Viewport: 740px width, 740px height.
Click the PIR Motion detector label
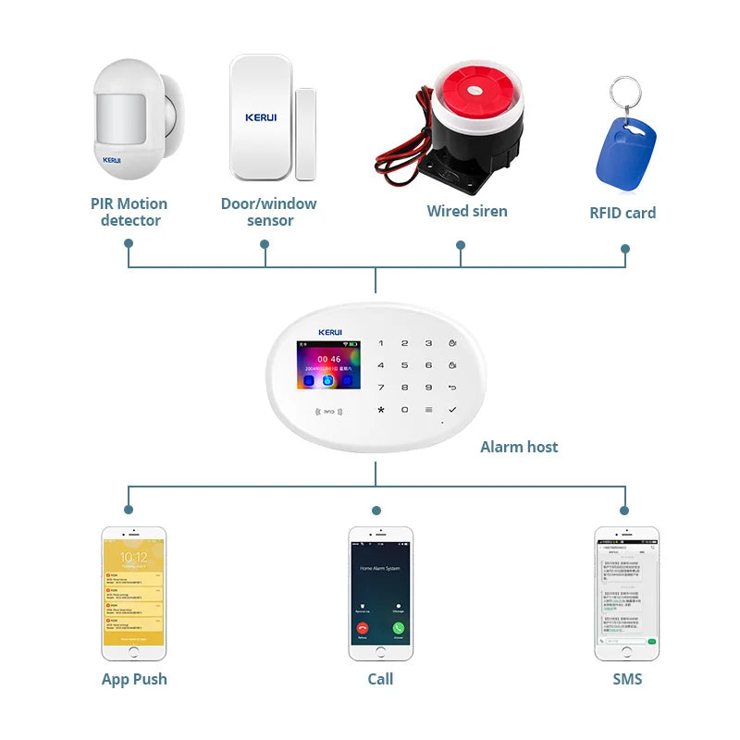129,212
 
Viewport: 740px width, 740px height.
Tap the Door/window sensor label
269,212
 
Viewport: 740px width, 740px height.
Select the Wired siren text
467,211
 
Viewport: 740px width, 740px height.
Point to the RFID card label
623,213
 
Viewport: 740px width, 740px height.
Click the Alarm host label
519,447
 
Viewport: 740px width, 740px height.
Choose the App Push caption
134,679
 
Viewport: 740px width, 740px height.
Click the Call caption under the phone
380,679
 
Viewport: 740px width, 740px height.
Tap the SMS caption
627,679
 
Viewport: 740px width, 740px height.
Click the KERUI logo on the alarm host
330,332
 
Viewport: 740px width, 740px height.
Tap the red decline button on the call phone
362,628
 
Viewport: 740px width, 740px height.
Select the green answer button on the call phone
399,628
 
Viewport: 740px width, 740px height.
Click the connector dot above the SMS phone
624,510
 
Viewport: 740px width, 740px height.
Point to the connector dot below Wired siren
461,245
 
